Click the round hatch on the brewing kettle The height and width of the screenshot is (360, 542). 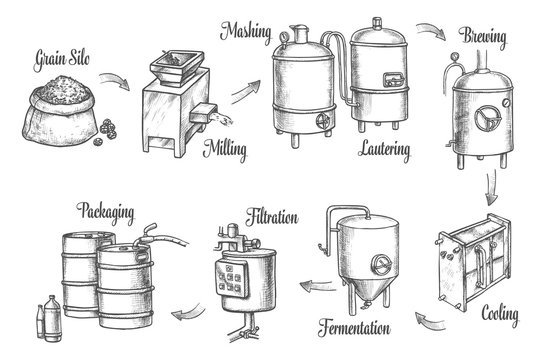tap(489, 115)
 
